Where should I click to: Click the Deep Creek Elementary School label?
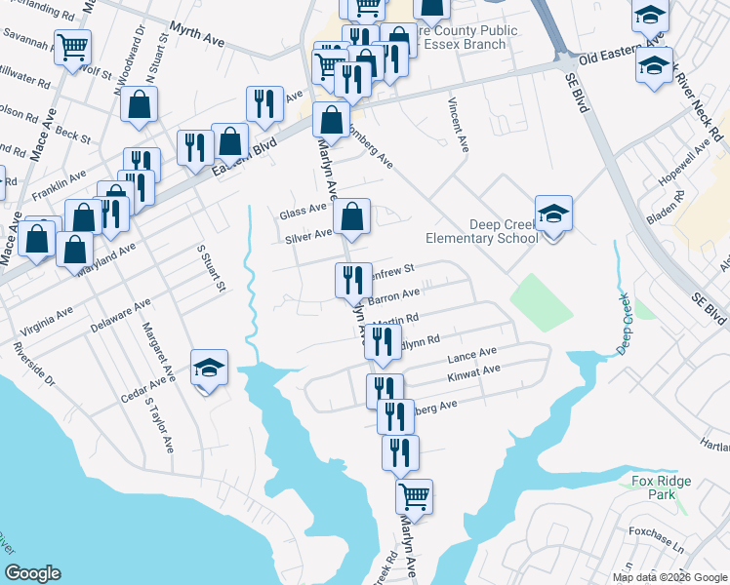point(482,231)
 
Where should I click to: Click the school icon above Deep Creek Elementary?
point(553,214)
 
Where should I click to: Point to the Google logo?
point(32,573)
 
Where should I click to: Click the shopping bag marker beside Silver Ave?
point(352,216)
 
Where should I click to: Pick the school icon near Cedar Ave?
point(209,368)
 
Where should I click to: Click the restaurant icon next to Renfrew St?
point(352,280)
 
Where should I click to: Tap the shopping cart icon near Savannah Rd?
point(73,47)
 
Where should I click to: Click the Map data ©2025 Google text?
point(669,577)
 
